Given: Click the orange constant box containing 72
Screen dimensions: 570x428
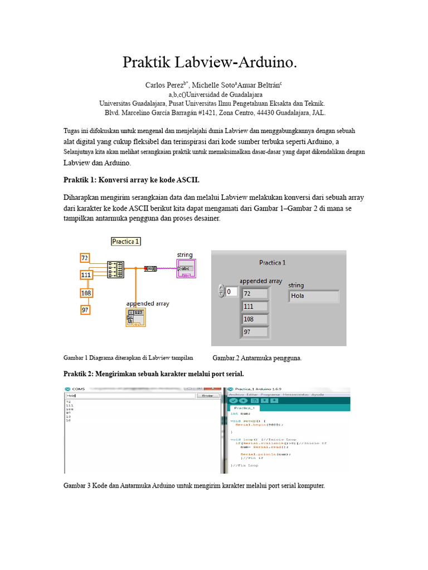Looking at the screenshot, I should coord(85,258).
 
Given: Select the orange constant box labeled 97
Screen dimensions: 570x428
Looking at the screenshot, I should coord(85,309).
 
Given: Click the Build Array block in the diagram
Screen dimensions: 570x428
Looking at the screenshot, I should coord(116,269).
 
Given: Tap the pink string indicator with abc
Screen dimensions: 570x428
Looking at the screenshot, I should coord(186,268).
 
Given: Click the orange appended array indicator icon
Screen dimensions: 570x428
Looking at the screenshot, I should coord(135,317).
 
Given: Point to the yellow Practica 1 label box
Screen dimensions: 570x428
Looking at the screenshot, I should coord(126,241).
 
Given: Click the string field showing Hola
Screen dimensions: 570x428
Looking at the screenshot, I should coord(314,296).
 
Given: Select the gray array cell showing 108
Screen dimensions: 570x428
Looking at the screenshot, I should coord(255,320).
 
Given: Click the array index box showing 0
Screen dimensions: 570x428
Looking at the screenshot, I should coord(231,292).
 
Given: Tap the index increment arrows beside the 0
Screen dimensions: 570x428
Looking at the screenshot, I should coord(221,292).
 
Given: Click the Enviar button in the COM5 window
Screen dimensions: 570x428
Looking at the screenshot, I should coord(207,396).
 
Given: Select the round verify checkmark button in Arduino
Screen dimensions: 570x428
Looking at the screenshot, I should coord(234,400).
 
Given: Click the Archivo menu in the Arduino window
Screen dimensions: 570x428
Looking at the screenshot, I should coord(237,395).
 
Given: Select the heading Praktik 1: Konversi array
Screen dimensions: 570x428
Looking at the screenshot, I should coord(132,180).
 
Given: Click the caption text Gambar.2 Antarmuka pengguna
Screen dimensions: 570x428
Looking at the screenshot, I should coord(257,358).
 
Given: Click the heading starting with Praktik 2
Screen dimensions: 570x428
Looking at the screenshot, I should coord(154,372).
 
